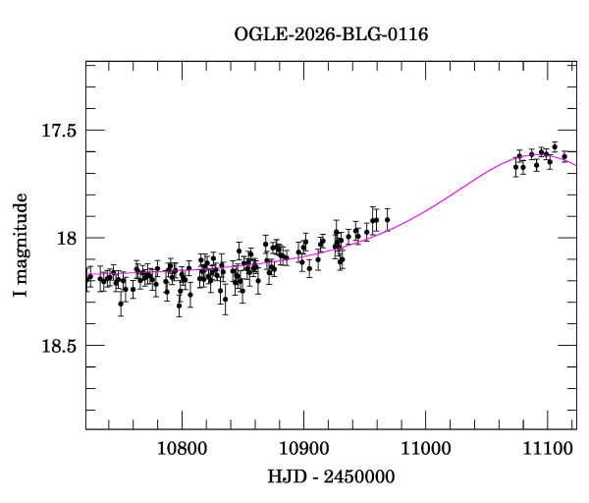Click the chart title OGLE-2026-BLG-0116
point(331,34)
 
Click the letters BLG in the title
point(357,34)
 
